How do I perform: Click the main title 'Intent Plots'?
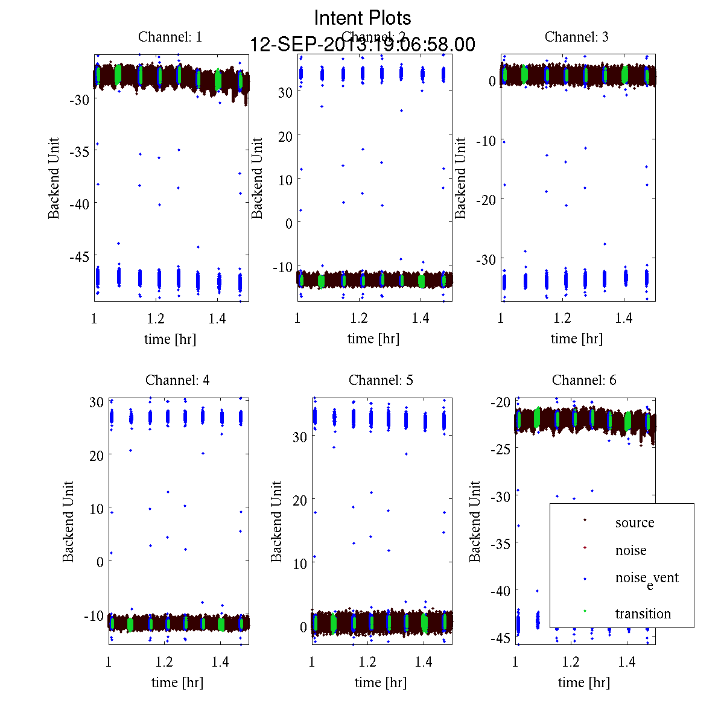point(363,17)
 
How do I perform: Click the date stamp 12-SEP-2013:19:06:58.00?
point(363,45)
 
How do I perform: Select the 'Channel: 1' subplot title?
point(170,37)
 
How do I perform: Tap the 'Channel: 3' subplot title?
point(576,37)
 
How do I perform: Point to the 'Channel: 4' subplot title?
point(177,380)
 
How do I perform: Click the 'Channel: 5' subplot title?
point(381,380)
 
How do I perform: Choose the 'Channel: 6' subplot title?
point(584,380)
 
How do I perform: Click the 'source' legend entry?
point(634,522)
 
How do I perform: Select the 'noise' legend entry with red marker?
point(630,550)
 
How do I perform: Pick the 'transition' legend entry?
point(643,614)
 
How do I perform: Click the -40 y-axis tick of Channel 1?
point(80,204)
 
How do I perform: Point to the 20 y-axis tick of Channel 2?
point(285,136)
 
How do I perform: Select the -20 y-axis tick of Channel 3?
point(486,200)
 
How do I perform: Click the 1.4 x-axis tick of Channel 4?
point(220,662)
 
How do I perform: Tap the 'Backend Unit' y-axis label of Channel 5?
point(276,521)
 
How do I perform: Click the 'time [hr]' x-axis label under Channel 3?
point(576,338)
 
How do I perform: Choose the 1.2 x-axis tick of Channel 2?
point(359,318)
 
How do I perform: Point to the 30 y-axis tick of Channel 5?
point(300,437)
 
